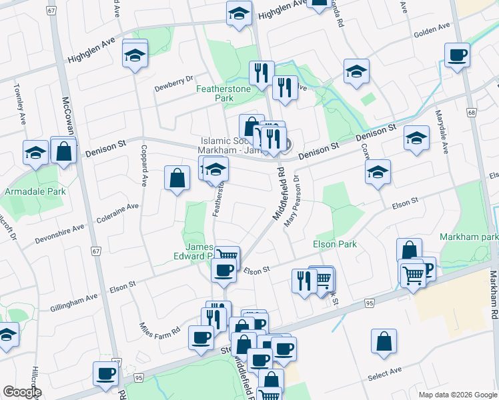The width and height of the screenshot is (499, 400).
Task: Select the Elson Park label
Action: click(x=335, y=244)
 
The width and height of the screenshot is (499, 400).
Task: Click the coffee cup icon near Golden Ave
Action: click(x=457, y=55)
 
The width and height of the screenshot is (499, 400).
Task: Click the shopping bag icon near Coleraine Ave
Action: click(x=177, y=178)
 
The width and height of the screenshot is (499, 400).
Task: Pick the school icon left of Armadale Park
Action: click(x=35, y=153)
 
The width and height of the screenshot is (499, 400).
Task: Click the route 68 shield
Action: click(x=472, y=113)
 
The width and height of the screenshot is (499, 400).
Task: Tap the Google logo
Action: click(x=22, y=391)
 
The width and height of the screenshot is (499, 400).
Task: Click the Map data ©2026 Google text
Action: click(x=458, y=395)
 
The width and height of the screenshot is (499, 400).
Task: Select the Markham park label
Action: click(x=469, y=237)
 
